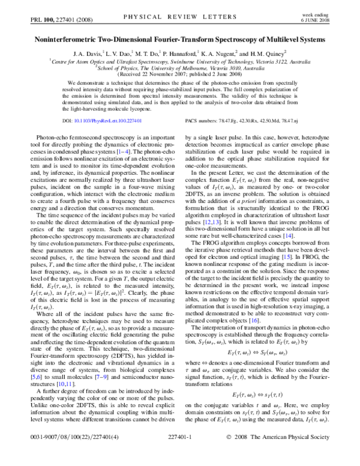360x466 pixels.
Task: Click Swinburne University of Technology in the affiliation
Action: tap(212, 61)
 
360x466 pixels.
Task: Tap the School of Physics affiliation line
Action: tap(180, 68)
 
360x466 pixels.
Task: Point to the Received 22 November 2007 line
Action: tap(180, 74)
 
